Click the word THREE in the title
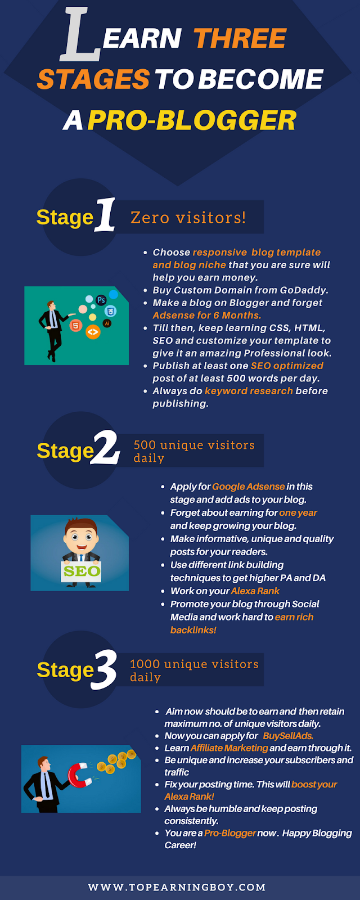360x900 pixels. click(x=240, y=38)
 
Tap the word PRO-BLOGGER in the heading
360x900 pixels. click(x=192, y=120)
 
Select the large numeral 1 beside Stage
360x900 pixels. click(x=105, y=215)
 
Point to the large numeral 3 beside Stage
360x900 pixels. click(x=105, y=670)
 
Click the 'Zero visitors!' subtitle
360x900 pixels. click(x=188, y=218)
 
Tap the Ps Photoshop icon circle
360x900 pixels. click(x=101, y=300)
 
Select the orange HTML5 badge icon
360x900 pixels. click(x=75, y=325)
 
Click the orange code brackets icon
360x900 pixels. click(x=93, y=332)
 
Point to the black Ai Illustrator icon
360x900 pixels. click(x=107, y=323)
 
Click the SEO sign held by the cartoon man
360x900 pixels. click(x=81, y=571)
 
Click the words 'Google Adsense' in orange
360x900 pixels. click(x=248, y=487)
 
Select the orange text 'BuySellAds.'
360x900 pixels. click(x=288, y=736)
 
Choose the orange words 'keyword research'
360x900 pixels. click(x=249, y=391)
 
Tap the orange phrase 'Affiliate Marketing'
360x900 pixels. click(x=229, y=748)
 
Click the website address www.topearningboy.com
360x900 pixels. click(x=177, y=886)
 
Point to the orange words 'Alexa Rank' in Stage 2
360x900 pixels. click(x=255, y=591)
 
